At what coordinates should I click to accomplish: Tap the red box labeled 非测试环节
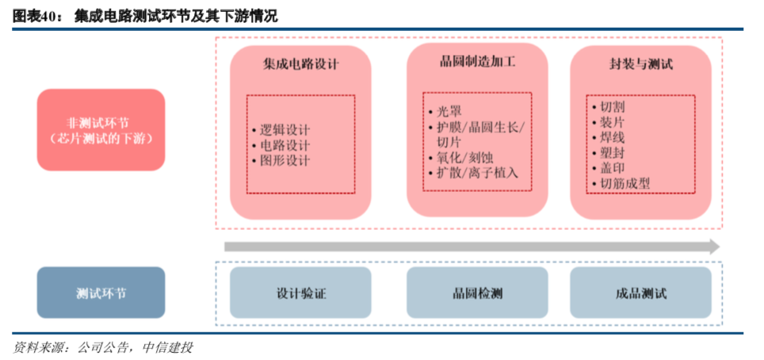point(101,130)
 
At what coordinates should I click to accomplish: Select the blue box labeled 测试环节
point(101,293)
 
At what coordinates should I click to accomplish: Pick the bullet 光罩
point(448,112)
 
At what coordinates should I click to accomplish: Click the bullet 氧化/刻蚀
point(464,157)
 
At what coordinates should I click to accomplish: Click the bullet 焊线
point(612,137)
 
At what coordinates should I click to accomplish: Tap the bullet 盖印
point(612,168)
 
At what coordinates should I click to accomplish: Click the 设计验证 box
point(300,293)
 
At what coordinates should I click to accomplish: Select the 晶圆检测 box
point(477,293)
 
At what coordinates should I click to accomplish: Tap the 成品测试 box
point(640,293)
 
